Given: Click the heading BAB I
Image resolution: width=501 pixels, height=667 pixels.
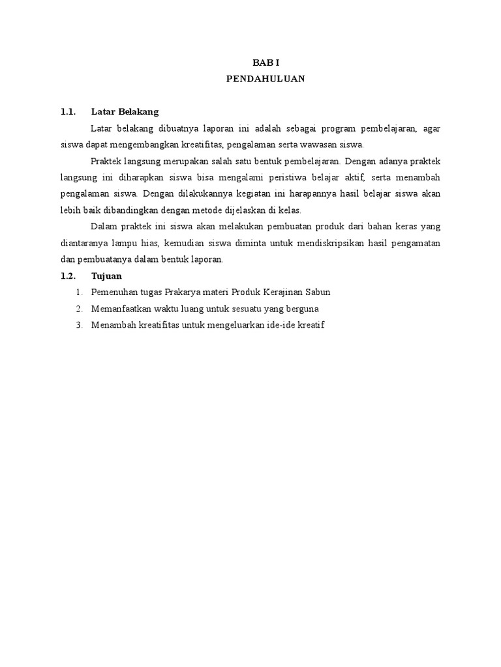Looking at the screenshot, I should [265, 63].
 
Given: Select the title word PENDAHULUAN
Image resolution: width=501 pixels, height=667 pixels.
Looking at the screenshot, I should [265, 79].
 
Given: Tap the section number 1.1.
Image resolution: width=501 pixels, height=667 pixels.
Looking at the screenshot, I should [68, 111].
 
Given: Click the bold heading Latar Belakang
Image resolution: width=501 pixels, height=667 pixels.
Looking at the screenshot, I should [125, 111].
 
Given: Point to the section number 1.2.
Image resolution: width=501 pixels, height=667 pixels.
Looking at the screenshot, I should [68, 276].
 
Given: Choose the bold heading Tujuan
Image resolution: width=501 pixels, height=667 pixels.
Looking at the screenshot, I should [106, 276].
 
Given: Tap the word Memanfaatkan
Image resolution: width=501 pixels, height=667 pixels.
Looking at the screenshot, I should [121, 308].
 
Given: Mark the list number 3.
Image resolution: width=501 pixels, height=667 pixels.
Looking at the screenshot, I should [79, 324].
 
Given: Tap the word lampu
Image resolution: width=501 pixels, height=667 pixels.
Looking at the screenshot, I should [127, 242].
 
